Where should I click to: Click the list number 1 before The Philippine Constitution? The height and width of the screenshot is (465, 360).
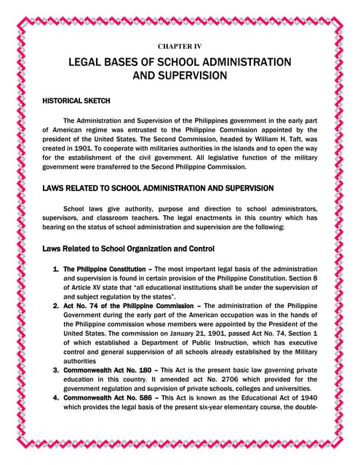tap(57, 269)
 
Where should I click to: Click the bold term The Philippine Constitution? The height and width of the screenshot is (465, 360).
tap(105, 269)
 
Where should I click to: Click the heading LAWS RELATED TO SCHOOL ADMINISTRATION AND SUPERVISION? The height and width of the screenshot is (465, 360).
tap(158, 188)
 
